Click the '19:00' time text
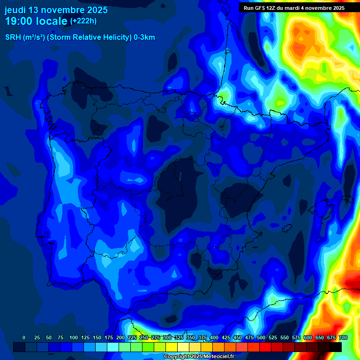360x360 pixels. pyautogui.click(x=19, y=21)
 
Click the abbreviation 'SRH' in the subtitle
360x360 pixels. pyautogui.click(x=13, y=37)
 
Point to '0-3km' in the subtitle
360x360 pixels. pyautogui.click(x=144, y=37)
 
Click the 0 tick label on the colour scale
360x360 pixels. pyautogui.click(x=24, y=337)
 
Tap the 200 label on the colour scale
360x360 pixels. pyautogui.click(x=120, y=337)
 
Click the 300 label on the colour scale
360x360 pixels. pyautogui.click(x=167, y=337)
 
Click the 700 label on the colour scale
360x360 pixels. pyautogui.click(x=343, y=337)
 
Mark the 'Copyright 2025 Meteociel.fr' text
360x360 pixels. pyautogui.click(x=199, y=357)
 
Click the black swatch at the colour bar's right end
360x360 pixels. pyautogui.click(x=336, y=347)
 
